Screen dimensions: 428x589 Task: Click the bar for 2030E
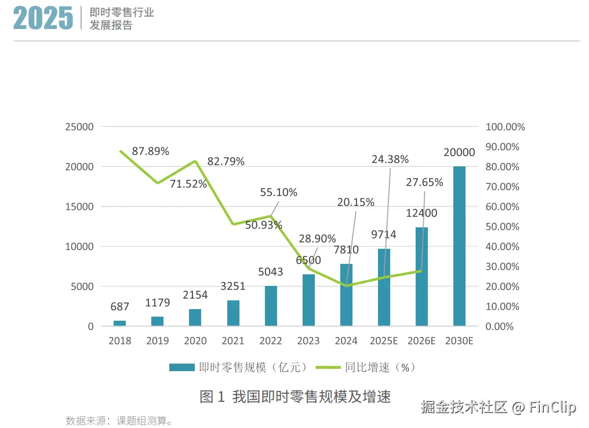click(x=459, y=246)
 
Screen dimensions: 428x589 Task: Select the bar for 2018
click(x=119, y=323)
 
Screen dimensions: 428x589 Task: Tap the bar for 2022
click(x=271, y=306)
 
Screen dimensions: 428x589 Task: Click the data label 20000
click(x=459, y=153)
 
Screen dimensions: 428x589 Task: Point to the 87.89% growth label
click(x=151, y=151)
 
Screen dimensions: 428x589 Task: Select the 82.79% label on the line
click(x=226, y=161)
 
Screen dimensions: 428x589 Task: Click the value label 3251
click(x=233, y=286)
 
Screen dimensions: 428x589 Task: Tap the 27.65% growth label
click(x=424, y=182)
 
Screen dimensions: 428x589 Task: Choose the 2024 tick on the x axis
click(x=346, y=340)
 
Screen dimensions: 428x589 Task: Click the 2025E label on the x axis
click(x=384, y=340)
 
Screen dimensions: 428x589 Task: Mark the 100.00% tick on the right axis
click(x=505, y=127)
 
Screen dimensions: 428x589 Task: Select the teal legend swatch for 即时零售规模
click(x=181, y=367)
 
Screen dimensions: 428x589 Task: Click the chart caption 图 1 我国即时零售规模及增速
click(x=295, y=397)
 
